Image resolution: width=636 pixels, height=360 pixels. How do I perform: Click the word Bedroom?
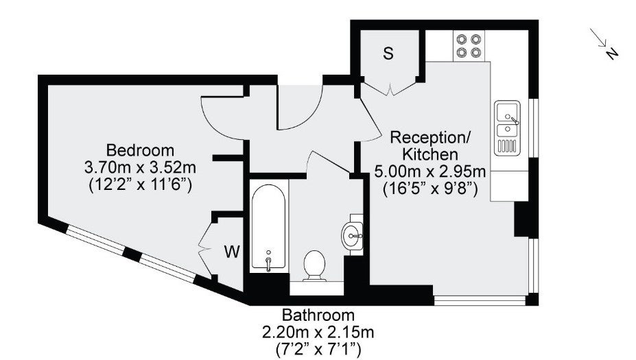(x=140, y=150)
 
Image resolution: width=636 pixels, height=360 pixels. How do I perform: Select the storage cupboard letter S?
(x=388, y=53)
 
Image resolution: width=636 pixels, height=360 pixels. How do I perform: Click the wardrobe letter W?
(x=233, y=252)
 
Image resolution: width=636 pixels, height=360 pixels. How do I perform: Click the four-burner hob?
(x=469, y=46)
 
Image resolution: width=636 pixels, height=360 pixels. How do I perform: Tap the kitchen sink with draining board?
(x=507, y=128)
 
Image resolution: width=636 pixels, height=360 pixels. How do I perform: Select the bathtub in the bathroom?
(x=268, y=226)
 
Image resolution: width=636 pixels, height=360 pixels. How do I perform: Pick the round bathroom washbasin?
(x=352, y=235)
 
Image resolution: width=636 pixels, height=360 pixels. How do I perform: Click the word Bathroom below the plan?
(x=318, y=315)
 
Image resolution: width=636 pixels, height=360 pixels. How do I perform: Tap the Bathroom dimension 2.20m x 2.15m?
(x=318, y=333)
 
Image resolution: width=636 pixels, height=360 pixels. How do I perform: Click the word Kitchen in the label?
(x=430, y=154)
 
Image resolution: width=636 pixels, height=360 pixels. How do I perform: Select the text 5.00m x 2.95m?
(x=430, y=172)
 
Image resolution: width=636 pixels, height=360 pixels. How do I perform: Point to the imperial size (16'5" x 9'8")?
(x=430, y=189)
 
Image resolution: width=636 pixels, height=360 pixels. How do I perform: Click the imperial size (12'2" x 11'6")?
(x=140, y=185)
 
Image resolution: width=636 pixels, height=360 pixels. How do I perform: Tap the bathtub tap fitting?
(x=268, y=261)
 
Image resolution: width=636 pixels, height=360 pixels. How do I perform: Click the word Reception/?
(x=430, y=137)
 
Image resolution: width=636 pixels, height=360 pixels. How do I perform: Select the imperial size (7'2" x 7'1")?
(x=318, y=350)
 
